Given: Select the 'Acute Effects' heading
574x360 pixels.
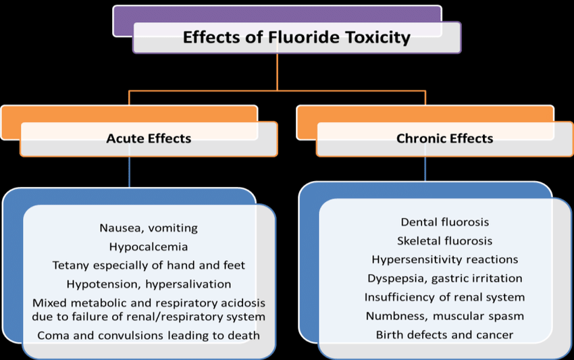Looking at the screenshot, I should click(x=149, y=139).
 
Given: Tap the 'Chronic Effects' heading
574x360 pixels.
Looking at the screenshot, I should click(x=444, y=139).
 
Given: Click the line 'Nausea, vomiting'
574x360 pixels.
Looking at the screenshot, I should click(x=149, y=228).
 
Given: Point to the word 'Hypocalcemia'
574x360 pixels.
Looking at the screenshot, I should click(x=149, y=247).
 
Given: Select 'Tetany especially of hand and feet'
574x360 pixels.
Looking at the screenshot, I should click(x=149, y=265).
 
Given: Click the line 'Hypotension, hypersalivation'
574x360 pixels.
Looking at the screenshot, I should click(x=149, y=284).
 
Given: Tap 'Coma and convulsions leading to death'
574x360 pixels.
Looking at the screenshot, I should click(x=149, y=335).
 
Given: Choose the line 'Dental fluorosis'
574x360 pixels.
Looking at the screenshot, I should click(x=444, y=222).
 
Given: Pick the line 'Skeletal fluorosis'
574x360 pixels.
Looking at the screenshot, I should click(x=444, y=240).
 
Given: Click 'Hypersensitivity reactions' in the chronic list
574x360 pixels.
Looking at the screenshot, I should click(x=444, y=259).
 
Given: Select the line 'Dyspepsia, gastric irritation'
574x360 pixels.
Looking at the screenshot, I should click(x=444, y=278).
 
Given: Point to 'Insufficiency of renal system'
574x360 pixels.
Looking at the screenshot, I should click(x=444, y=297).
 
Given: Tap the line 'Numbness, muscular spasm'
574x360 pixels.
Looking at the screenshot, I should click(x=444, y=316).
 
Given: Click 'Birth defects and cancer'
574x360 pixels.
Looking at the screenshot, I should click(x=444, y=335).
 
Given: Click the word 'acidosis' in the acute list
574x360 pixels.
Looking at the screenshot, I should click(x=244, y=303).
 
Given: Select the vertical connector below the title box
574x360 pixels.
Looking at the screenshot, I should click(x=277, y=72).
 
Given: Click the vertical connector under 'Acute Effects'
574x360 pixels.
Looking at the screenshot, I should click(x=129, y=172).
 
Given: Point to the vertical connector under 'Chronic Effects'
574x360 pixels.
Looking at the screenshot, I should click(x=425, y=169).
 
